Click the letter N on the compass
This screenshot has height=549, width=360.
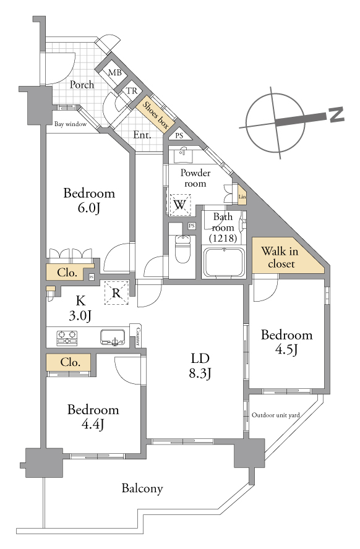point(336,115)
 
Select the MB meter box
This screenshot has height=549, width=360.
point(115,73)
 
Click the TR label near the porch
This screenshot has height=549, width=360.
point(132,91)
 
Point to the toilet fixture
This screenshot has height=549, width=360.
point(182,249)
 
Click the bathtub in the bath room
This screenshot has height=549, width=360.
point(225,262)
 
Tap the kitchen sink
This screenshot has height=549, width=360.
point(113,337)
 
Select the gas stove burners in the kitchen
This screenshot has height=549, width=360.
point(67,338)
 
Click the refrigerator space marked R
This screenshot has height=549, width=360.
point(116,292)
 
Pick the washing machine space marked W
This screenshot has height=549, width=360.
point(179,205)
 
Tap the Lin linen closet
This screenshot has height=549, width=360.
point(242,197)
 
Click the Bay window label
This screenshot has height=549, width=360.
point(71,124)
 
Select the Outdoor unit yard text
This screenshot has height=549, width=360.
point(276,415)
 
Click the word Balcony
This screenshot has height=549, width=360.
point(142,488)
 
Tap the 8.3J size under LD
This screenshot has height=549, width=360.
point(200,373)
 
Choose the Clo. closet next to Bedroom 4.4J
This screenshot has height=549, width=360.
point(69,362)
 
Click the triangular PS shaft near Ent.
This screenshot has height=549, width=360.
point(179,134)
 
